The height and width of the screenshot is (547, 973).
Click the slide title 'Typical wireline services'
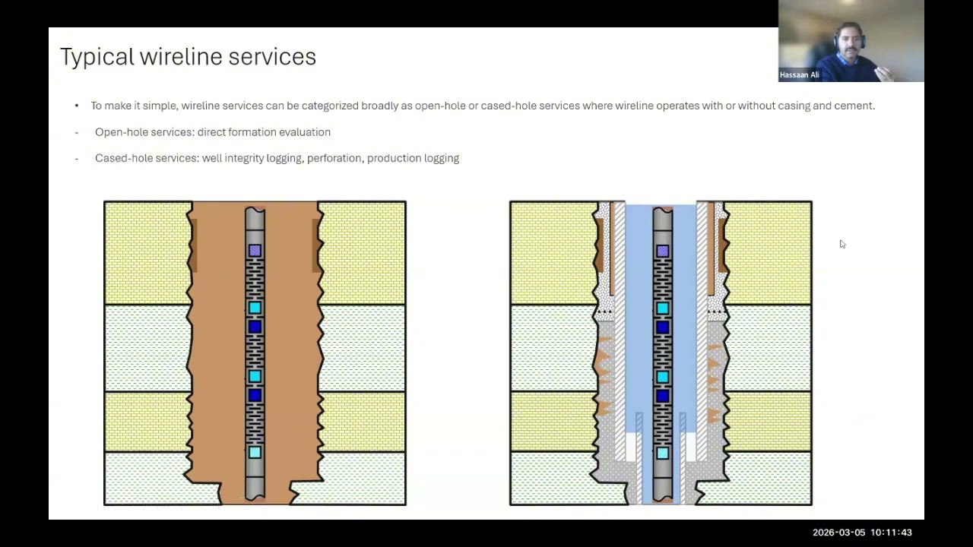(x=188, y=57)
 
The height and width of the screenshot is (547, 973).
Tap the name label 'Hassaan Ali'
(x=799, y=74)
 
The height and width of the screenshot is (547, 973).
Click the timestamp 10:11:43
(x=891, y=533)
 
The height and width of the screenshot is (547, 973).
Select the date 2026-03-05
(x=838, y=533)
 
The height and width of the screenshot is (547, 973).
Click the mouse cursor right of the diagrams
(x=843, y=245)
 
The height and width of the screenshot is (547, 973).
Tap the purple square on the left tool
(x=255, y=251)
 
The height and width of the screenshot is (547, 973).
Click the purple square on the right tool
(x=662, y=251)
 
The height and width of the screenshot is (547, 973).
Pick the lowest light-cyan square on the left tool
(x=255, y=452)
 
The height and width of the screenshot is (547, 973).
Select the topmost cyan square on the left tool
(x=255, y=308)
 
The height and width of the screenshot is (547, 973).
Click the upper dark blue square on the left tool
(x=255, y=327)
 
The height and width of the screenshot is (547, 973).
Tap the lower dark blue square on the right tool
(x=662, y=396)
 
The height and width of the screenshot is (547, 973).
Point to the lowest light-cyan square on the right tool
(x=662, y=454)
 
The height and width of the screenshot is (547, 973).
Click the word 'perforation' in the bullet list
(x=334, y=159)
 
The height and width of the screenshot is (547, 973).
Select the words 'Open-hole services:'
(x=144, y=132)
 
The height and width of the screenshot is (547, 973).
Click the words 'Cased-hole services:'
(x=147, y=159)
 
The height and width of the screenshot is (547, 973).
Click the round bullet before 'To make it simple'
(x=77, y=106)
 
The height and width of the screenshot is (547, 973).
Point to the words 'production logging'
(x=413, y=159)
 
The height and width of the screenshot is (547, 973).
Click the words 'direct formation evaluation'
(x=264, y=132)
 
